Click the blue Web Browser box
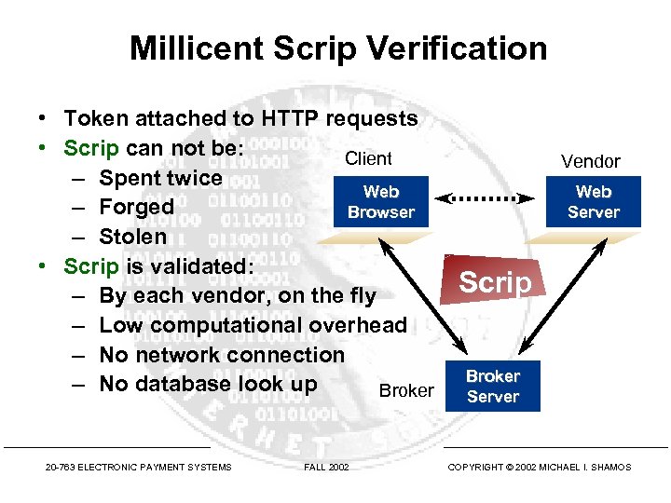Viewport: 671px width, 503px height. [x=380, y=202]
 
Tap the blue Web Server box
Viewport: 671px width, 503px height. [x=593, y=202]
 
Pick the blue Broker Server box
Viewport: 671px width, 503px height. [x=492, y=386]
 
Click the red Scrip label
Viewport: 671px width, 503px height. [x=495, y=282]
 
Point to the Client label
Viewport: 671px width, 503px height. [x=368, y=158]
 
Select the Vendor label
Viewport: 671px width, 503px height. [x=590, y=161]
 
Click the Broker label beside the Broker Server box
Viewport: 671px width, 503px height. [x=406, y=391]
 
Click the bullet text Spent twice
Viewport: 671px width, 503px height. [x=160, y=178]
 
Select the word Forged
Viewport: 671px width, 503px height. [x=136, y=207]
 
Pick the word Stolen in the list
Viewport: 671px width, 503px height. [x=132, y=237]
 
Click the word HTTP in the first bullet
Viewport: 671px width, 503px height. [x=287, y=118]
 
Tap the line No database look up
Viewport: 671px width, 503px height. [x=208, y=384]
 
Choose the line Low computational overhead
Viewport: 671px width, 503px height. [x=253, y=325]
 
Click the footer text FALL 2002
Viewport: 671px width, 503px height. [x=326, y=467]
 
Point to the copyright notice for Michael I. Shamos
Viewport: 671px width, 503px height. [x=539, y=467]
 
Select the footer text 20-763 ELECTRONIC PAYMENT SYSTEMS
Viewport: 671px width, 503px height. [x=138, y=467]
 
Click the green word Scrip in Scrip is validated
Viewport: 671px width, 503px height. [x=90, y=266]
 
